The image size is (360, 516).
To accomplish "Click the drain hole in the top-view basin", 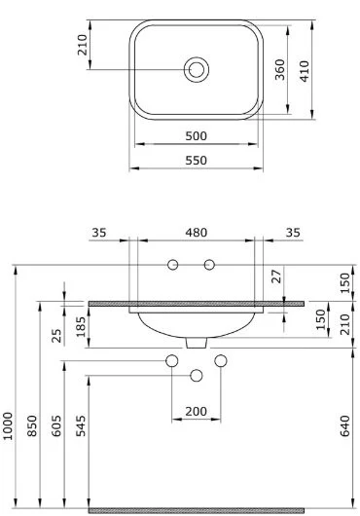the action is [197, 69].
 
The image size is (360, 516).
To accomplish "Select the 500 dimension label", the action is [196, 136].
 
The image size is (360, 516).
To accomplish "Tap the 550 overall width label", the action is [196, 161].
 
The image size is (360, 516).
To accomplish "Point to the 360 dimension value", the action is [280, 69].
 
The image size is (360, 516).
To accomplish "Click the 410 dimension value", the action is [305, 71].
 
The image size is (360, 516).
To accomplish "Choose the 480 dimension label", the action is [197, 233].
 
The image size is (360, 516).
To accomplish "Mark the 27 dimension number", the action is [277, 276].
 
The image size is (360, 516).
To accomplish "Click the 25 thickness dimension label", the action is [56, 336].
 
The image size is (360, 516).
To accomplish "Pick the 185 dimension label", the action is [81, 327].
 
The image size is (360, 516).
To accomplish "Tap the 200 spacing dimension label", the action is [196, 412].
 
